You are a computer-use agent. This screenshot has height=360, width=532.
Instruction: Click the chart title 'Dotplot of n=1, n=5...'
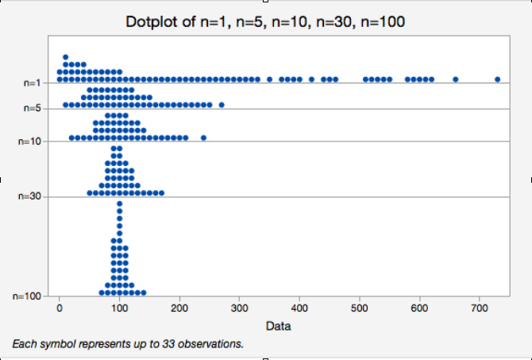point(266,21)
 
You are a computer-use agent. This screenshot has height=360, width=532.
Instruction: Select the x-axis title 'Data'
point(277,326)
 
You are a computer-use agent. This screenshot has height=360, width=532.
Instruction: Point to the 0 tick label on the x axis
point(60,308)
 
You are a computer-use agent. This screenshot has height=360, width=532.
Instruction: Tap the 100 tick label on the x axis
point(119,308)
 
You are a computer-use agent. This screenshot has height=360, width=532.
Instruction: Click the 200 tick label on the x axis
point(179,308)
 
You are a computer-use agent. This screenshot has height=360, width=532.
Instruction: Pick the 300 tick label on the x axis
point(239,308)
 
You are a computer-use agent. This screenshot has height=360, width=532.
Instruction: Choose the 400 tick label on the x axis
point(299,308)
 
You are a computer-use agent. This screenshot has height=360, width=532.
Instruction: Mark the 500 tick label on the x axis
point(359,308)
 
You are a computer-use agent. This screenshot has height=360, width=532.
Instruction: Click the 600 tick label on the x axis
point(419,308)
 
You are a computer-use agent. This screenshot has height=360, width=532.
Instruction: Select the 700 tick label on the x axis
point(479,308)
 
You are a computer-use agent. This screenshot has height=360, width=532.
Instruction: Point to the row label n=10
point(31,141)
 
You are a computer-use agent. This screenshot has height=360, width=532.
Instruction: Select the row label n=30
point(31,196)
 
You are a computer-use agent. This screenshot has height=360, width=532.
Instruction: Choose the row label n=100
point(29,296)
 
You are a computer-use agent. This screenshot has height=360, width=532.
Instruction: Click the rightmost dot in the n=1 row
point(497,79)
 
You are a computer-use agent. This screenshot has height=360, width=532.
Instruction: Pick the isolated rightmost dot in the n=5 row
point(222,104)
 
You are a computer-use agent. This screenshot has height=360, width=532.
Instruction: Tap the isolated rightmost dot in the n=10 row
point(203,137)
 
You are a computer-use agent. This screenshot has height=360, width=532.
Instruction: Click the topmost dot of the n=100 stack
point(120,203)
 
